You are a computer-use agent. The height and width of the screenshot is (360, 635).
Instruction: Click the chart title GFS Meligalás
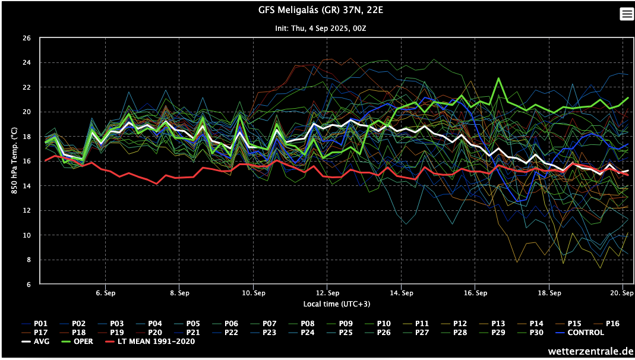tap(317, 10)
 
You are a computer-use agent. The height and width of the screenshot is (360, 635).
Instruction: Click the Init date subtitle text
tap(317, 28)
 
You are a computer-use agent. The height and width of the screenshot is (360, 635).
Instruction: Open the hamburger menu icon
tap(627, 14)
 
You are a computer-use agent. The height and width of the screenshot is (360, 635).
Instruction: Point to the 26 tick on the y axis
tap(26, 38)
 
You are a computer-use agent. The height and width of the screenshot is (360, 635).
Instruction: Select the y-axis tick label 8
tap(29, 260)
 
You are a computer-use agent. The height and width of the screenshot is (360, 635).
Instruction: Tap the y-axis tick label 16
tap(26, 162)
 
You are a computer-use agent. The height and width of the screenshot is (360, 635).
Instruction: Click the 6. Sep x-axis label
tap(105, 293)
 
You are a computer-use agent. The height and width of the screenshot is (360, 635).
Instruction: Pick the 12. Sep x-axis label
tap(327, 293)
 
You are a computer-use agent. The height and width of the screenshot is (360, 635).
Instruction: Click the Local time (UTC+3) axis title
tap(329, 304)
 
